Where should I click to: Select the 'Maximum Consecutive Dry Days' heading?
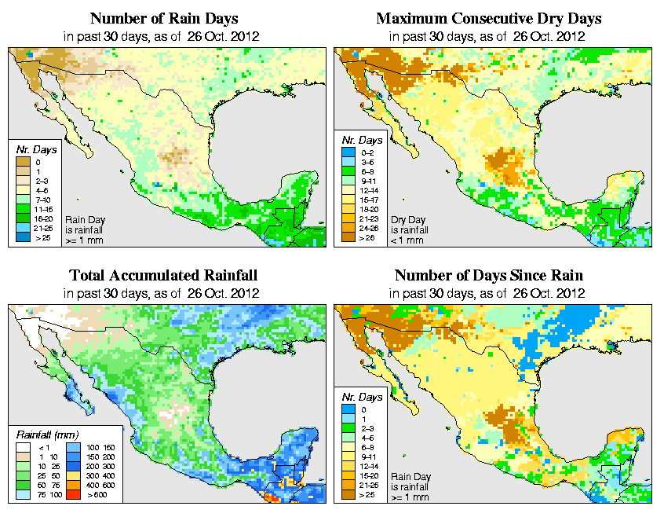(489, 18)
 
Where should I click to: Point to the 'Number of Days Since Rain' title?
(489, 276)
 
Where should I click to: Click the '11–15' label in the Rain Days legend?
(43, 209)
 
